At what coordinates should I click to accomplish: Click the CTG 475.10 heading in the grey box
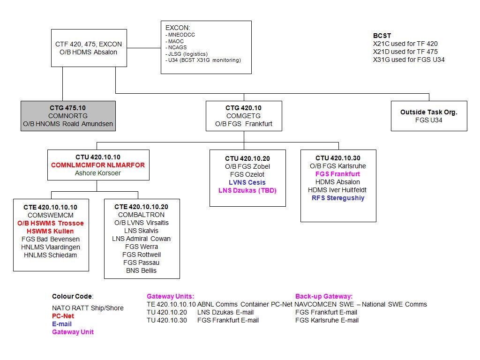tap(67, 108)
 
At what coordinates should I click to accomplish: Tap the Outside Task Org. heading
tap(429, 112)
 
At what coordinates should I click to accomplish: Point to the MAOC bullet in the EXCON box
tap(176, 41)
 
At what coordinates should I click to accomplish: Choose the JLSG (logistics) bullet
tap(187, 54)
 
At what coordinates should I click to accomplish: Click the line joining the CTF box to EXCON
tap(144, 48)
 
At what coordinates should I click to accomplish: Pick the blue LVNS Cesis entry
tap(247, 182)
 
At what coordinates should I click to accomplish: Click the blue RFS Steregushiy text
tap(338, 198)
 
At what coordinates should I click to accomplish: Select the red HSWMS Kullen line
tap(50, 231)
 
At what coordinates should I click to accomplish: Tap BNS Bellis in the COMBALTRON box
tap(141, 270)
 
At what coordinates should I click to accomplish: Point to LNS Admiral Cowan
tap(141, 239)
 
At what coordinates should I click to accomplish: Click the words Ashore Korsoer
tap(98, 173)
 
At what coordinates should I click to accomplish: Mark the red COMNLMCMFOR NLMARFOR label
tap(98, 165)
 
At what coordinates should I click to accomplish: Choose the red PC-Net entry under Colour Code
tap(63, 316)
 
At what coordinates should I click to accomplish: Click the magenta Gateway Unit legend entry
tap(73, 332)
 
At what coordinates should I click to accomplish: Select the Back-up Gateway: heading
tap(324, 296)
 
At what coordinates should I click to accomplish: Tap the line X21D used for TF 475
tap(405, 52)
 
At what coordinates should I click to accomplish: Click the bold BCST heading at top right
tap(382, 36)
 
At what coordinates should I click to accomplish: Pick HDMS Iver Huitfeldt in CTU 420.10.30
tap(337, 190)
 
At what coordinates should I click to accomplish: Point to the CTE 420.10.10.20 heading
tap(141, 207)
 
